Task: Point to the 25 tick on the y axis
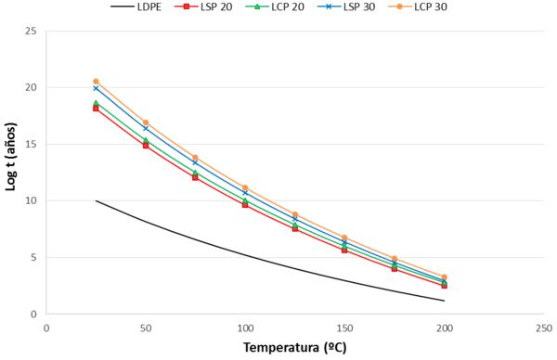pyautogui.click(x=32, y=31)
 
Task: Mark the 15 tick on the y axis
pyautogui.click(x=32, y=144)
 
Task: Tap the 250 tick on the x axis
pyautogui.click(x=544, y=327)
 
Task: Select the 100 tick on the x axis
pyautogui.click(x=245, y=327)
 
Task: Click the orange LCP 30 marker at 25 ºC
pyautogui.click(x=96, y=82)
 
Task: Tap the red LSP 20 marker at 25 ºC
pyautogui.click(x=96, y=109)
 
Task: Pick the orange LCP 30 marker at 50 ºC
pyautogui.click(x=146, y=122)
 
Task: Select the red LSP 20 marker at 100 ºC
pyautogui.click(x=245, y=204)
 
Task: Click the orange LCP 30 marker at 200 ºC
pyautogui.click(x=445, y=277)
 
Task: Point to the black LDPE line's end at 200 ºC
pyautogui.click(x=445, y=301)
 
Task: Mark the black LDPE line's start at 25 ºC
pyautogui.click(x=96, y=200)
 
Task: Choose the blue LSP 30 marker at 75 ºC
pyautogui.click(x=195, y=162)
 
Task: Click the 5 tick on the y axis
pyautogui.click(x=35, y=257)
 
